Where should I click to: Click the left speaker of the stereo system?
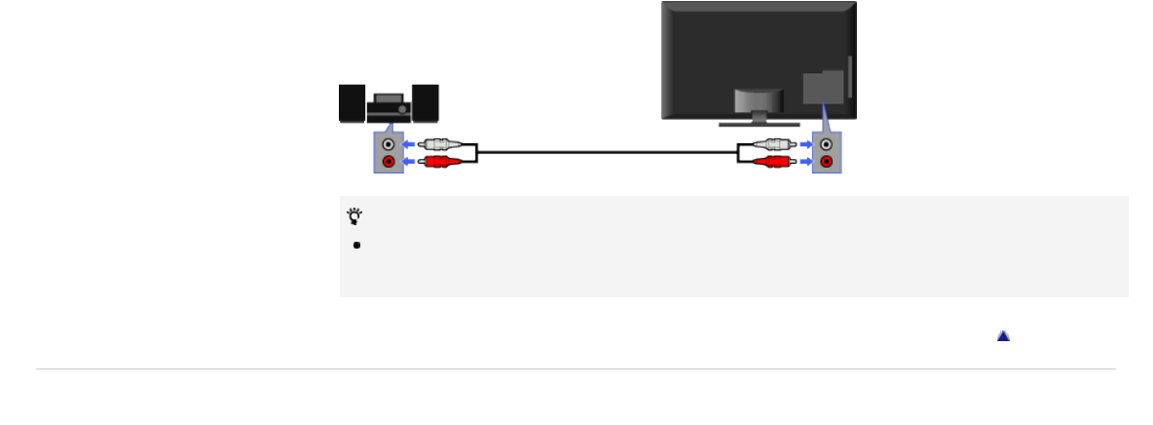352,103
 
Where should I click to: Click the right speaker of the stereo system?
426,103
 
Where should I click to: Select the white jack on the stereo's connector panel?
389,144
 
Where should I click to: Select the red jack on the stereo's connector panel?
389,161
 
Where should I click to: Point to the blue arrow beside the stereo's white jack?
410,144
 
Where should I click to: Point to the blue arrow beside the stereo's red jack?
410,161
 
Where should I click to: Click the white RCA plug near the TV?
774,144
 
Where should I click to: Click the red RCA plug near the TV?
774,161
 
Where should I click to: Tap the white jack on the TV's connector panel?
827,144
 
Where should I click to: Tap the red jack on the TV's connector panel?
827,161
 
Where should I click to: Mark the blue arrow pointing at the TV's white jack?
804,144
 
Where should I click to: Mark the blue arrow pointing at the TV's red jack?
804,161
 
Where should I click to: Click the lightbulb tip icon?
353,216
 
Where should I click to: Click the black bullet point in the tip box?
357,245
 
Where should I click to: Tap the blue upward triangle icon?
1003,335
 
